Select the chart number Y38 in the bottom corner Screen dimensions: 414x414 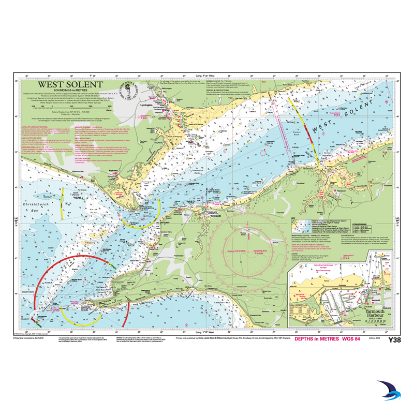click(x=394, y=339)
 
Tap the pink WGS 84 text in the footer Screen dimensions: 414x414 click(x=354, y=338)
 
